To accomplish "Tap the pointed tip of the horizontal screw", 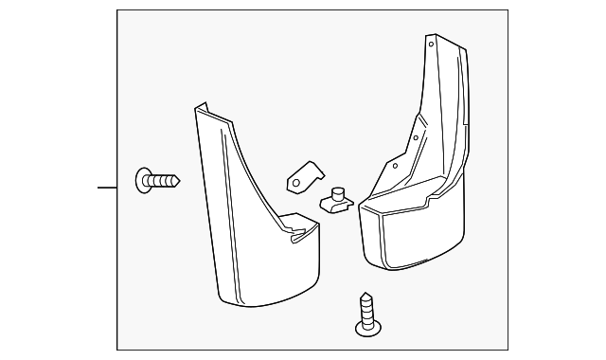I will point(179,178).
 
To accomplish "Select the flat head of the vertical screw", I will point(365,329).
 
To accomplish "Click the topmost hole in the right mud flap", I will point(431,44).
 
